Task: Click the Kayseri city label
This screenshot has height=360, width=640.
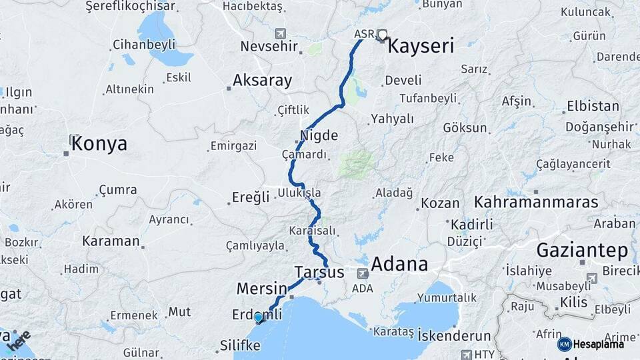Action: coord(421,46)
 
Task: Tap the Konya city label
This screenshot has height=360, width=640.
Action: coord(99,143)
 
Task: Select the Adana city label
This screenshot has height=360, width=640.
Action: coord(399,264)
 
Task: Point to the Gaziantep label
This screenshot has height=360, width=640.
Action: coord(582,251)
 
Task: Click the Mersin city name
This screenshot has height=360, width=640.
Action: coord(261,289)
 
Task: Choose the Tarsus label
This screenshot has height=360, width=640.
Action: coord(319,273)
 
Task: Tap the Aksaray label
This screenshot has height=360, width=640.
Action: coord(262,81)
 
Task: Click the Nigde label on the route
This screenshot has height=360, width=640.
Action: coord(319,136)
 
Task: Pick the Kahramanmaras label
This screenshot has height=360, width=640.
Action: coord(535,201)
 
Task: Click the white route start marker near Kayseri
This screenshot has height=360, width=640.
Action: coord(382,34)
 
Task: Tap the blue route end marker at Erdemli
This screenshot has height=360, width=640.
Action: coord(258,318)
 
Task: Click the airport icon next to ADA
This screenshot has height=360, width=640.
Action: coord(362,273)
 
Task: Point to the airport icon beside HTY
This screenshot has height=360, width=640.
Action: coord(464,354)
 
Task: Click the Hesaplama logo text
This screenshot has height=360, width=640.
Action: coord(597,344)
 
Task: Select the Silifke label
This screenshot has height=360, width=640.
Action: coord(240,345)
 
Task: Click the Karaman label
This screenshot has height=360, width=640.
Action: coord(111,241)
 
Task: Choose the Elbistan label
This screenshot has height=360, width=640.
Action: coord(592,106)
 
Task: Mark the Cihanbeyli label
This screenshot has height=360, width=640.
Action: coord(144,45)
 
